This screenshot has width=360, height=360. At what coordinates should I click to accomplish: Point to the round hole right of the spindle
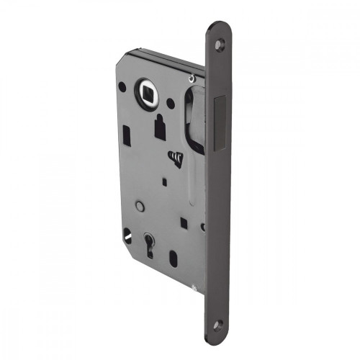click(x=171, y=103)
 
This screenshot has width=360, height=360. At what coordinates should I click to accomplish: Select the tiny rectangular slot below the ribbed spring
click(x=164, y=181)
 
